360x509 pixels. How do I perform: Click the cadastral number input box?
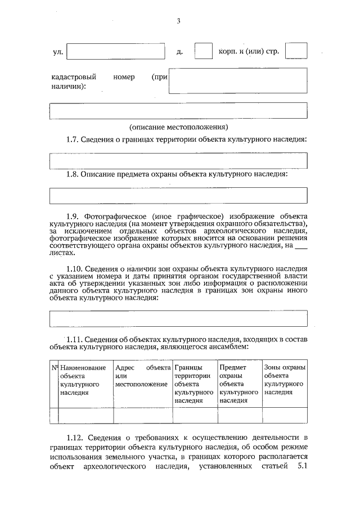point(238,81)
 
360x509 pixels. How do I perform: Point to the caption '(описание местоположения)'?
point(178,127)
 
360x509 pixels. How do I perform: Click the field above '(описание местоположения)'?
point(178,111)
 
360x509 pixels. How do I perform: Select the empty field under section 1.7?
point(178,161)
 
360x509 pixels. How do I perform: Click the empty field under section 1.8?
point(178,195)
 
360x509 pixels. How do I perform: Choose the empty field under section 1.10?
point(178,318)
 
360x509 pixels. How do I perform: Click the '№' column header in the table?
point(55,367)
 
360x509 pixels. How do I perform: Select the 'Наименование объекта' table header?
point(82,380)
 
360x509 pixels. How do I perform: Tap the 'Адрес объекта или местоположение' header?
point(142,376)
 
